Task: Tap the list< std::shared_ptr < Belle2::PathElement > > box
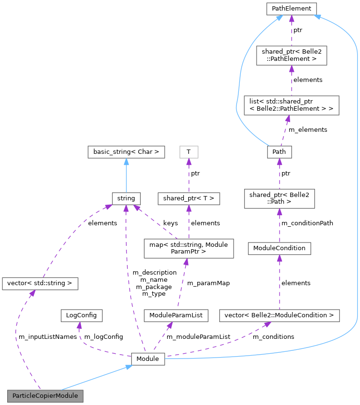point(291,105)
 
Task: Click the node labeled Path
point(279,151)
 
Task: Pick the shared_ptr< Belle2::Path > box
point(279,198)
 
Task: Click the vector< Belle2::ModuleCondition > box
point(279,315)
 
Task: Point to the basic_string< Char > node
point(126,152)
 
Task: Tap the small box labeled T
point(189,152)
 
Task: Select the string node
point(126,197)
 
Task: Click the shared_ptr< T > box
point(189,197)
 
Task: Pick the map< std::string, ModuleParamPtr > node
point(189,248)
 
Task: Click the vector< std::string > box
point(40,283)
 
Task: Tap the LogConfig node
point(76,315)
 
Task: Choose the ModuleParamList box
point(176,315)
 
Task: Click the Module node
point(148,358)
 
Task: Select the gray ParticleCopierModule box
point(45,396)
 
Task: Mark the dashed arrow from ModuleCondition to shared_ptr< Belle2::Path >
point(279,225)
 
